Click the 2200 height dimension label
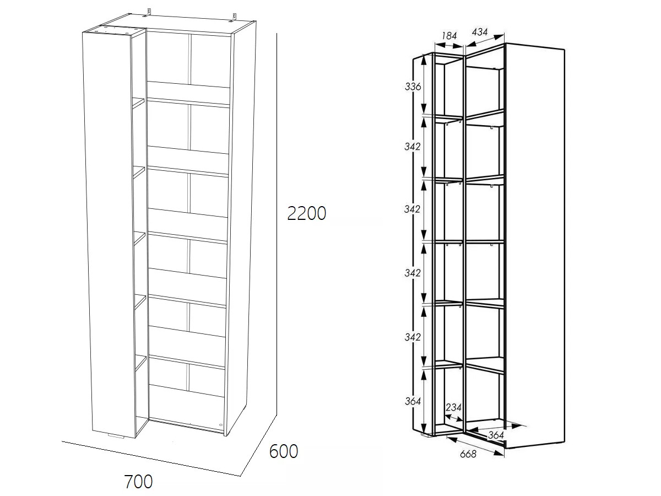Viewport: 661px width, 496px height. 307,213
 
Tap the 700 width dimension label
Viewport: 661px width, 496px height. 138,482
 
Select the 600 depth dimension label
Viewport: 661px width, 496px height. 283,451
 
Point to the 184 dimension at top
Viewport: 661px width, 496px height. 449,36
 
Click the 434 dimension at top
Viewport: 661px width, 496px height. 479,32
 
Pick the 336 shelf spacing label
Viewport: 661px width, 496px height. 413,87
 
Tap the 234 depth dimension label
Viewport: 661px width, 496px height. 453,407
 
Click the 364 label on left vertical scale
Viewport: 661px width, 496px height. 413,401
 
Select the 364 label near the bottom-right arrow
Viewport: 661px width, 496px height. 496,435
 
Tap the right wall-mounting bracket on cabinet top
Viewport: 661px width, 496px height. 234,17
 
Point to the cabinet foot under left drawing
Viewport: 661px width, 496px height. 116,436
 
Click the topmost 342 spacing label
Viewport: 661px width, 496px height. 412,147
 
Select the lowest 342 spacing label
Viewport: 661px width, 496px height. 412,337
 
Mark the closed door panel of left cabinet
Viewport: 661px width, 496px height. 107,233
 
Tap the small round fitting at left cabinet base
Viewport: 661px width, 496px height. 220,425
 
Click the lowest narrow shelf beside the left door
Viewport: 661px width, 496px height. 140,362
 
